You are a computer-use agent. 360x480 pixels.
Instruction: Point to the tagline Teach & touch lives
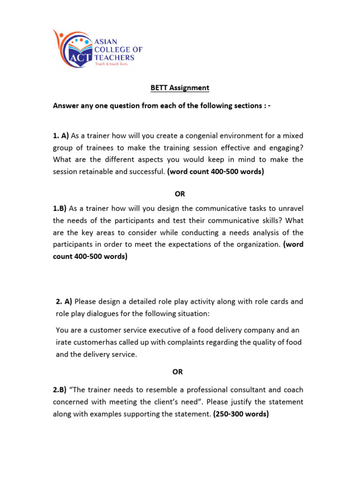coord(111,64)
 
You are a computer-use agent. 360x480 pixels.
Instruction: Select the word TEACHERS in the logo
coord(115,57)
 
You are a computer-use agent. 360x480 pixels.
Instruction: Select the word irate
coord(63,342)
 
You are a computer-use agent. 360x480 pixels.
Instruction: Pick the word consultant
coord(246,390)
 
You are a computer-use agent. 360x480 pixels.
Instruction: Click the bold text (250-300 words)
coord(240,414)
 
